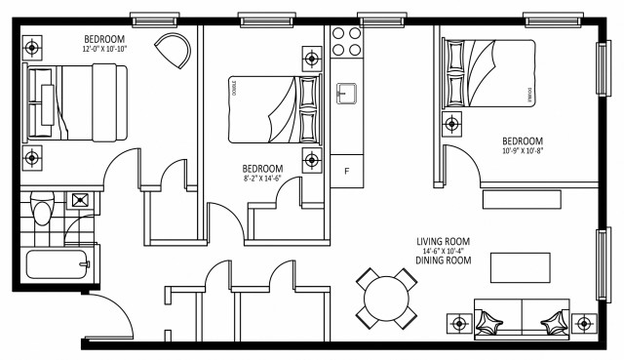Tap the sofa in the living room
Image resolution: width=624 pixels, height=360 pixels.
(x=521, y=319)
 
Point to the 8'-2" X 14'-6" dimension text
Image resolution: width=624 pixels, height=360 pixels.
(x=261, y=178)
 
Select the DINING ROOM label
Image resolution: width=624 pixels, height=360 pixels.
(x=444, y=260)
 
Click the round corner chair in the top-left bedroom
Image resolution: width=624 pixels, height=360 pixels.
(x=175, y=50)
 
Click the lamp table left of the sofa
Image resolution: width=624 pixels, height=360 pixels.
(x=458, y=322)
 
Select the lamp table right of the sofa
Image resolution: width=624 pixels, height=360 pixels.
(x=584, y=322)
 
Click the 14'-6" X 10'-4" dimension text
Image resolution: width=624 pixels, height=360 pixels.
(x=444, y=251)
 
